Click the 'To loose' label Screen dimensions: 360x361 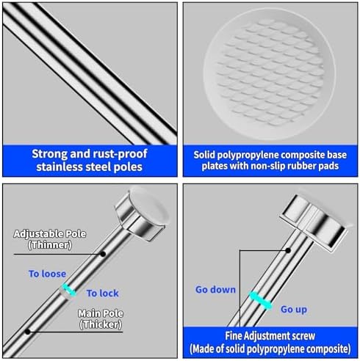tap(47, 274)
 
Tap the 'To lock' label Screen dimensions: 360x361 tap(103, 293)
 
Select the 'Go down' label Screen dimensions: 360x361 tap(215, 290)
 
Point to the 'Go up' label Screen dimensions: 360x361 tap(294, 310)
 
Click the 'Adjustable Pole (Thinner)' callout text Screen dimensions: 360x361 tap(50, 239)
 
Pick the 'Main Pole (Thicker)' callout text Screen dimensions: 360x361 tap(101, 319)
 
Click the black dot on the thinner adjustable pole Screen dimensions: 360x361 tap(103, 254)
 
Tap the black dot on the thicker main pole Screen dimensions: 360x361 tap(28, 332)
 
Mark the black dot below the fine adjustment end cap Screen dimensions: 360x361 tap(288, 250)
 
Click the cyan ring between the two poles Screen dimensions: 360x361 tap(69, 290)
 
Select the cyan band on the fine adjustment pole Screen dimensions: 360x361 tap(260, 301)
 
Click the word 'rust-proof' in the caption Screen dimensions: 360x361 tap(120, 154)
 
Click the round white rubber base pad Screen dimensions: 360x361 tap(270, 74)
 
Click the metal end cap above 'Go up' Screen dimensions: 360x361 tap(314, 223)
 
